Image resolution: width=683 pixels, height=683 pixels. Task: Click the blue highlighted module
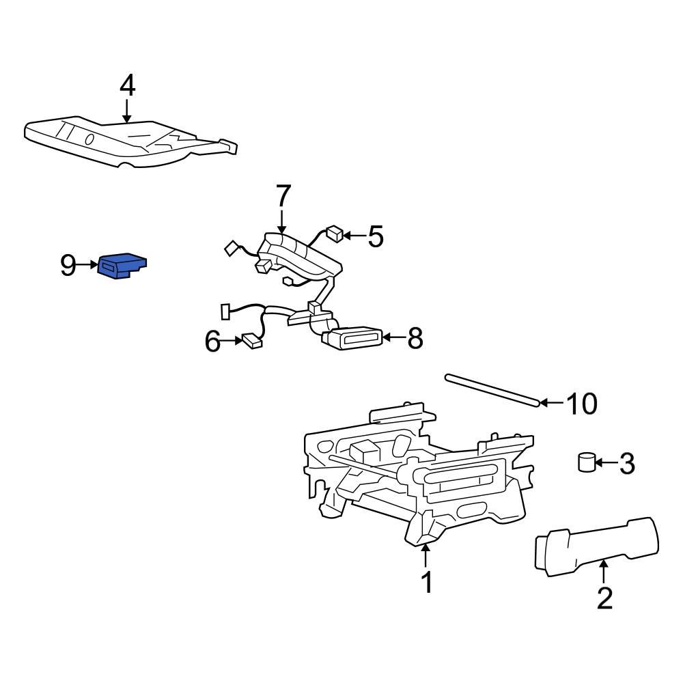click(122, 265)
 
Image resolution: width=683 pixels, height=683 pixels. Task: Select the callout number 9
click(68, 265)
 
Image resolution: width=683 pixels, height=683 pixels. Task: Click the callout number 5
click(376, 236)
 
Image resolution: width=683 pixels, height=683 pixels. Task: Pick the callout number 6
click(212, 341)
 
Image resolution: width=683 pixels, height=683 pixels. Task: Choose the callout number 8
click(415, 337)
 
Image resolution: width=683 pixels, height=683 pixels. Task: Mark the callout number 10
click(581, 404)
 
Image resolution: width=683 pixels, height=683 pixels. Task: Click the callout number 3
click(627, 464)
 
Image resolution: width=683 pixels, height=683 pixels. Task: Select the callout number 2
click(604, 598)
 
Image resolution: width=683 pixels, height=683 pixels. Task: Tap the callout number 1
click(426, 582)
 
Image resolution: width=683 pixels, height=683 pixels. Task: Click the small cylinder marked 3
click(587, 462)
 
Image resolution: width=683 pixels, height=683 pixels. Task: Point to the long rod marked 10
click(492, 391)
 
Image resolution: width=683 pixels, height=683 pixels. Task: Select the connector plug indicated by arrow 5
click(335, 234)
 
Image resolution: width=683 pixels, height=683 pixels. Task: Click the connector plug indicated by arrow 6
click(251, 341)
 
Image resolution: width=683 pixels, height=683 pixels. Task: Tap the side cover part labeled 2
click(597, 547)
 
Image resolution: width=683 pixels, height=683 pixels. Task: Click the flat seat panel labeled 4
click(130, 142)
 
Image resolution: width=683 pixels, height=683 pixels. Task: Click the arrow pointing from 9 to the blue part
click(88, 264)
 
